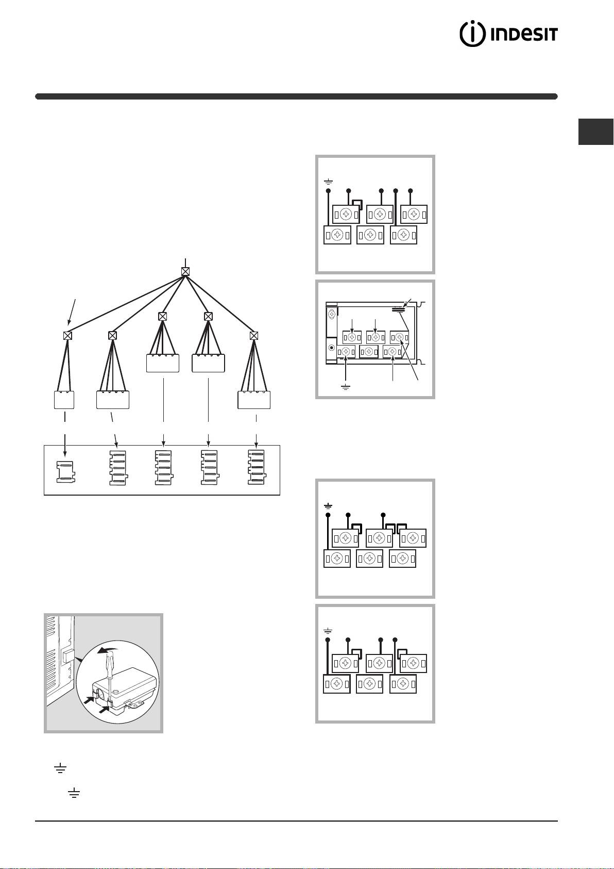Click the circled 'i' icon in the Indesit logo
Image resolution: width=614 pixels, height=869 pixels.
(x=472, y=34)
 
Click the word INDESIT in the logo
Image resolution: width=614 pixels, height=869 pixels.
(x=524, y=35)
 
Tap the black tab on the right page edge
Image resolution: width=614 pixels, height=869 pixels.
(x=596, y=132)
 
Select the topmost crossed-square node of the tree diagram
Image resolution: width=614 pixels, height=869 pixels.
(x=185, y=272)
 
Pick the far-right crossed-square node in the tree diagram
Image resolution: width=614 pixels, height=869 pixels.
(x=254, y=336)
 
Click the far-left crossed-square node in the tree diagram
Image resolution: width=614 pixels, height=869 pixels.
(x=67, y=336)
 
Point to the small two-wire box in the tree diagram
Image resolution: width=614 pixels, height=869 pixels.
(x=64, y=400)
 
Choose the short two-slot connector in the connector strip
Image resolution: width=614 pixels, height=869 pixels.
(x=65, y=472)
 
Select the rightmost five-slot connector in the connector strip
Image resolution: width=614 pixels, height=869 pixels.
(x=256, y=467)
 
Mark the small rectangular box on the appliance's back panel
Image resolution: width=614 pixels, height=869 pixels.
(x=67, y=657)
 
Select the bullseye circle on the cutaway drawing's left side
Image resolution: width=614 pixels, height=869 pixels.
(x=332, y=348)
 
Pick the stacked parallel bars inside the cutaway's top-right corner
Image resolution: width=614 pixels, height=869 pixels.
(x=399, y=309)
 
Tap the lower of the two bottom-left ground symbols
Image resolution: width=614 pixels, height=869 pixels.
(x=74, y=793)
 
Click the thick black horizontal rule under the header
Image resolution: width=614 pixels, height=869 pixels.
(x=296, y=96)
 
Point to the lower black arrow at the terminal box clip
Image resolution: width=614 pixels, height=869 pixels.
(x=104, y=710)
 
